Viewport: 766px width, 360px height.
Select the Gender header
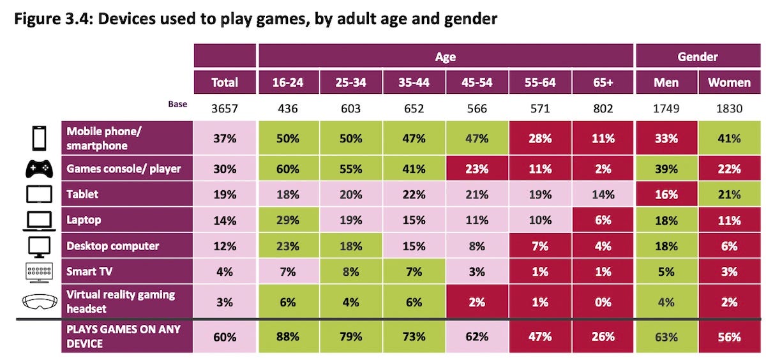[698, 56]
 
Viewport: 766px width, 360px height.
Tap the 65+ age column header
[603, 82]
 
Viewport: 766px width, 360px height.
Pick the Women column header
[729, 82]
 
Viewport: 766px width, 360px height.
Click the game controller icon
[39, 169]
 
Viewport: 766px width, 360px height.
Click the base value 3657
[224, 109]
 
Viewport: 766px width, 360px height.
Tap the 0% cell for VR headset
[603, 302]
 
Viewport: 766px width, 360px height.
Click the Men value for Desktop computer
[666, 246]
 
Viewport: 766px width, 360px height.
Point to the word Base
[177, 104]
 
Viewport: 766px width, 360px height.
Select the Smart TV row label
[89, 271]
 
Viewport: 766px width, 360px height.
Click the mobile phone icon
[39, 138]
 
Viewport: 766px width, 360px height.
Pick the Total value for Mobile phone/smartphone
[224, 139]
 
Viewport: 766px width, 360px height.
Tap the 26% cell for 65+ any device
[603, 336]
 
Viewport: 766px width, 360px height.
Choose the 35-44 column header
[414, 82]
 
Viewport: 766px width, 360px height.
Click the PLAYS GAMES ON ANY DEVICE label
[123, 336]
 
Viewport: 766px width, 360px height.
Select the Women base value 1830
[729, 109]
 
